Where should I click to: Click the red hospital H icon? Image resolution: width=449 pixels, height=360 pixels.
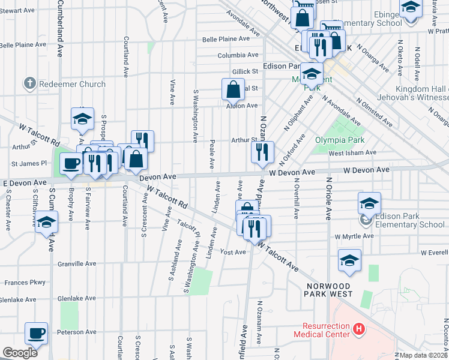[x=359, y=329]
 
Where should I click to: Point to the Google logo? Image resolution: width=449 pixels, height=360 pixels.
[x=20, y=353]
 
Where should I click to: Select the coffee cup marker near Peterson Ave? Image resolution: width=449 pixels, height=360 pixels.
[x=36, y=333]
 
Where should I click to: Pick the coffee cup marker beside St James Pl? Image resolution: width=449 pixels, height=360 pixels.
[x=70, y=163]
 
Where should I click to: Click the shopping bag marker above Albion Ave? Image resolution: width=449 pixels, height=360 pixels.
[x=233, y=89]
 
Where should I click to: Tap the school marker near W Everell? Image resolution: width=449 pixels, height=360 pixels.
[x=349, y=259]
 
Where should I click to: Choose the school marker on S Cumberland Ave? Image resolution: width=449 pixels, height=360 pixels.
[x=46, y=222]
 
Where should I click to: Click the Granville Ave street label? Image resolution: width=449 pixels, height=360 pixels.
[x=76, y=263]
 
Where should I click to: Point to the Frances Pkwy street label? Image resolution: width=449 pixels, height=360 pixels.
[x=25, y=282]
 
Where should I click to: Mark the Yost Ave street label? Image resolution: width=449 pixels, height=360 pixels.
[x=234, y=252]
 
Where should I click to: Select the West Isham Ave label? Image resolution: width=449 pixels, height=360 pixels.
[x=352, y=153]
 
